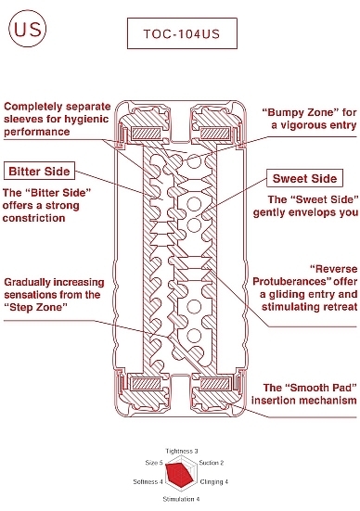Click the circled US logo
point(28,29)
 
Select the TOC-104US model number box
point(182,33)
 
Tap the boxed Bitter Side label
point(39,171)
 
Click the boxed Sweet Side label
point(304,178)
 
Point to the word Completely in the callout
point(32,107)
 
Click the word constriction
point(34,218)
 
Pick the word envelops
point(310,212)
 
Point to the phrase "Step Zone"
point(35,307)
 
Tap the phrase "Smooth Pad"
point(320,388)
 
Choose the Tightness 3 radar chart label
point(181,451)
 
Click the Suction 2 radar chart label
point(212,463)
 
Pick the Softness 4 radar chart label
point(148,481)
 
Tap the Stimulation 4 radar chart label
point(181,499)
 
